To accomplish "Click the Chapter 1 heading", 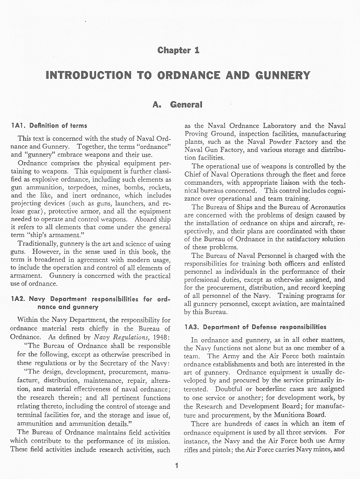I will pyautogui.click(x=178, y=50).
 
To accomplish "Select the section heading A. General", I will pyautogui.click(x=178, y=105).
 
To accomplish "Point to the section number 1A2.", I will pyautogui.click(x=18, y=298).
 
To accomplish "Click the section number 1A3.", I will pyautogui.click(x=193, y=327).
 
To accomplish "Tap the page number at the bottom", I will pyautogui.click(x=176, y=466).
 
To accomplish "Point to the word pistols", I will pyautogui.click(x=219, y=450).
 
